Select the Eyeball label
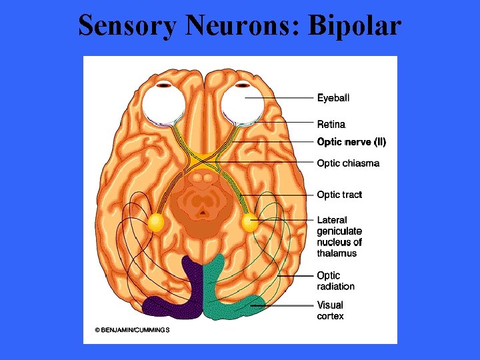(x=333, y=98)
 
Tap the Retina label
(x=331, y=124)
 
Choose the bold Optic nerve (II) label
(x=351, y=142)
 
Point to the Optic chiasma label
(x=348, y=163)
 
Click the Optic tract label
(x=339, y=195)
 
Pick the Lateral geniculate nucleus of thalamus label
(x=339, y=237)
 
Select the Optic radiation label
(x=335, y=281)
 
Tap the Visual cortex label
(x=331, y=311)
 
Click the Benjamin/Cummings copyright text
(x=132, y=330)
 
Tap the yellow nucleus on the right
(x=250, y=222)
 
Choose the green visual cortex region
(x=230, y=293)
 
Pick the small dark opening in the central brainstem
(x=203, y=213)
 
